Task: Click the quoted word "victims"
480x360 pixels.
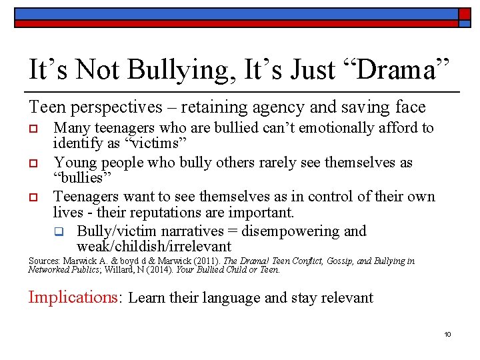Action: [154, 143]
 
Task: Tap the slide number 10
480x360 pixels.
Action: [447, 334]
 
